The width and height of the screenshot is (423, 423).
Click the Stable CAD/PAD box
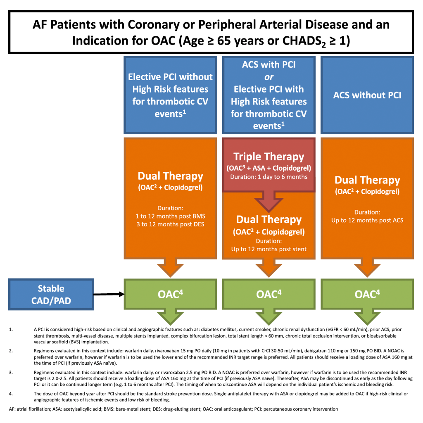pyautogui.click(x=51, y=294)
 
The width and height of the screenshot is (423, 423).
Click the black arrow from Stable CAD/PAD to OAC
pyautogui.click(x=108, y=294)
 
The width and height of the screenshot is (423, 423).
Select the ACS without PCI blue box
pyautogui.click(x=367, y=95)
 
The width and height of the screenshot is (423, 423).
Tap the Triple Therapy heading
pyautogui.click(x=269, y=157)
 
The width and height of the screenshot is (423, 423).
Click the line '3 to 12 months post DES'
pyautogui.click(x=170, y=224)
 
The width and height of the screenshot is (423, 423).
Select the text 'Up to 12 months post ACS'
pyautogui.click(x=367, y=220)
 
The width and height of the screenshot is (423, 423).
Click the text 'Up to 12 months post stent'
pyautogui.click(x=269, y=249)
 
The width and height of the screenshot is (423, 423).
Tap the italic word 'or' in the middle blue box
pyautogui.click(x=269, y=77)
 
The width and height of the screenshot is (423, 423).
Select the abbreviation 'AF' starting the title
pyautogui.click(x=40, y=25)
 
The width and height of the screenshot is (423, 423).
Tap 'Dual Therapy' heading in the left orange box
pyautogui.click(x=170, y=176)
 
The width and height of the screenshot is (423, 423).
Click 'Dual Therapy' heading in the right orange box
pyautogui.click(x=367, y=180)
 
